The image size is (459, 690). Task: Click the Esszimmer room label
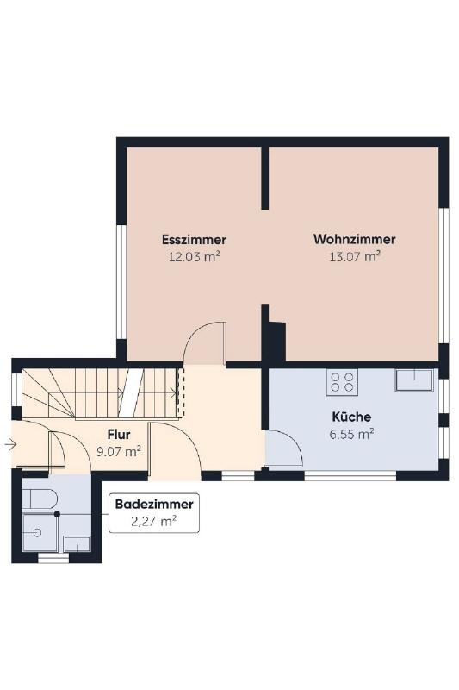point(194,240)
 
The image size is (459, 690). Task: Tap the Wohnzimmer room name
point(355,240)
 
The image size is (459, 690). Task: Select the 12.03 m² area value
point(194,256)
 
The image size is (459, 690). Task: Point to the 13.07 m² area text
point(355,256)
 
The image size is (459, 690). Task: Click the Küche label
point(351,417)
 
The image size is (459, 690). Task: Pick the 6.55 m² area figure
point(351,434)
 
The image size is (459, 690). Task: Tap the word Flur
point(119,435)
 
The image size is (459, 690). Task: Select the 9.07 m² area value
point(119,451)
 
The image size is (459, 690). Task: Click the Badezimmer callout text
point(154,504)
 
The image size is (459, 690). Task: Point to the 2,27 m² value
point(154,522)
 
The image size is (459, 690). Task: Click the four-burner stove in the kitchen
point(342,382)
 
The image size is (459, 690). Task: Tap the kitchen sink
point(413,379)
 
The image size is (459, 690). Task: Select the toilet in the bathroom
point(40,499)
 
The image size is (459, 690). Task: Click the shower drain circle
point(37,533)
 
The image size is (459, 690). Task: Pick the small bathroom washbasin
point(77,544)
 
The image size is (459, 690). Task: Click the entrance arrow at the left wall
point(10,445)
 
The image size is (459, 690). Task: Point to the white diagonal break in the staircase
point(131,393)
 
